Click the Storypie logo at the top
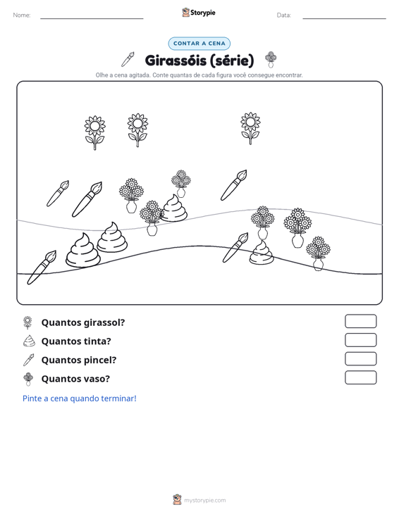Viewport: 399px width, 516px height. (x=199, y=13)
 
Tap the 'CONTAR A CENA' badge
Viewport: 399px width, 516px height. (x=199, y=44)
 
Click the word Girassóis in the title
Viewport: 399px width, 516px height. (x=176, y=61)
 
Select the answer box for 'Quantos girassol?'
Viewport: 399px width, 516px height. (x=360, y=321)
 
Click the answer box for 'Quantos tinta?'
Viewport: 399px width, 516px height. (x=360, y=340)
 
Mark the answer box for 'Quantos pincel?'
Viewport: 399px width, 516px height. (x=360, y=359)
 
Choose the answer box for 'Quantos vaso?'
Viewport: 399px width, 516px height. (x=360, y=377)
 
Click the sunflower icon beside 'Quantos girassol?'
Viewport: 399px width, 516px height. (x=28, y=322)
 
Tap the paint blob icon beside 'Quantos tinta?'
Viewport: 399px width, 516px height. (x=29, y=341)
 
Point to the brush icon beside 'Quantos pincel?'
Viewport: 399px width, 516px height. (x=28, y=360)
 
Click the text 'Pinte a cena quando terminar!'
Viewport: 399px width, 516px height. (x=80, y=398)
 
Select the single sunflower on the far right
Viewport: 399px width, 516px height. (x=250, y=128)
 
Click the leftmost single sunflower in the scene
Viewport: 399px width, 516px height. (x=95, y=132)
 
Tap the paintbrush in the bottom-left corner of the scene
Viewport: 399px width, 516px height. (x=42, y=268)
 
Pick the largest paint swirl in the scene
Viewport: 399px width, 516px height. (x=82, y=250)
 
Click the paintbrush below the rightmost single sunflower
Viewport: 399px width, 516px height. (x=233, y=185)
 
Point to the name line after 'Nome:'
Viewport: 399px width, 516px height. (x=92, y=18)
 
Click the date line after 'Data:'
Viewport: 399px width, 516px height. (x=344, y=18)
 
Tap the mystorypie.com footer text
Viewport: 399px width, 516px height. (x=205, y=501)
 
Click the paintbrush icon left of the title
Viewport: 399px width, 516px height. (x=128, y=59)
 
